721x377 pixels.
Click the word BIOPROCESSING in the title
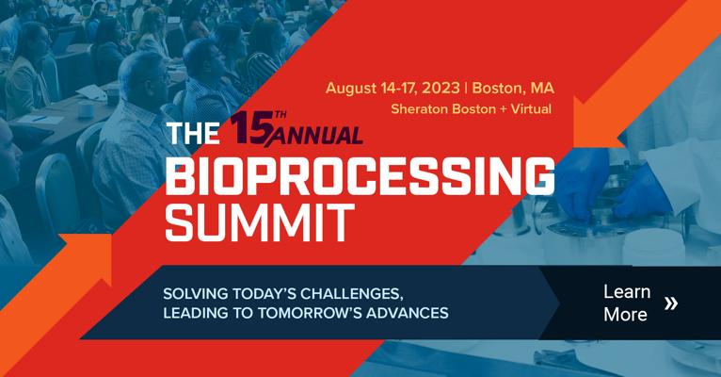[360, 175]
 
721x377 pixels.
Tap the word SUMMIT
[260, 222]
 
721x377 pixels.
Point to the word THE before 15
[193, 134]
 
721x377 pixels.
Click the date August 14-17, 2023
[393, 88]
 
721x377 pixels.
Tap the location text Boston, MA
[513, 88]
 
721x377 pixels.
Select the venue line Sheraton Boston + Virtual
[471, 109]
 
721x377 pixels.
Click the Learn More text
[627, 303]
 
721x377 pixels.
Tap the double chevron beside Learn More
[671, 303]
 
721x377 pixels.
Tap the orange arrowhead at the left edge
[88, 258]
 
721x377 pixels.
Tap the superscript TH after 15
[280, 115]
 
